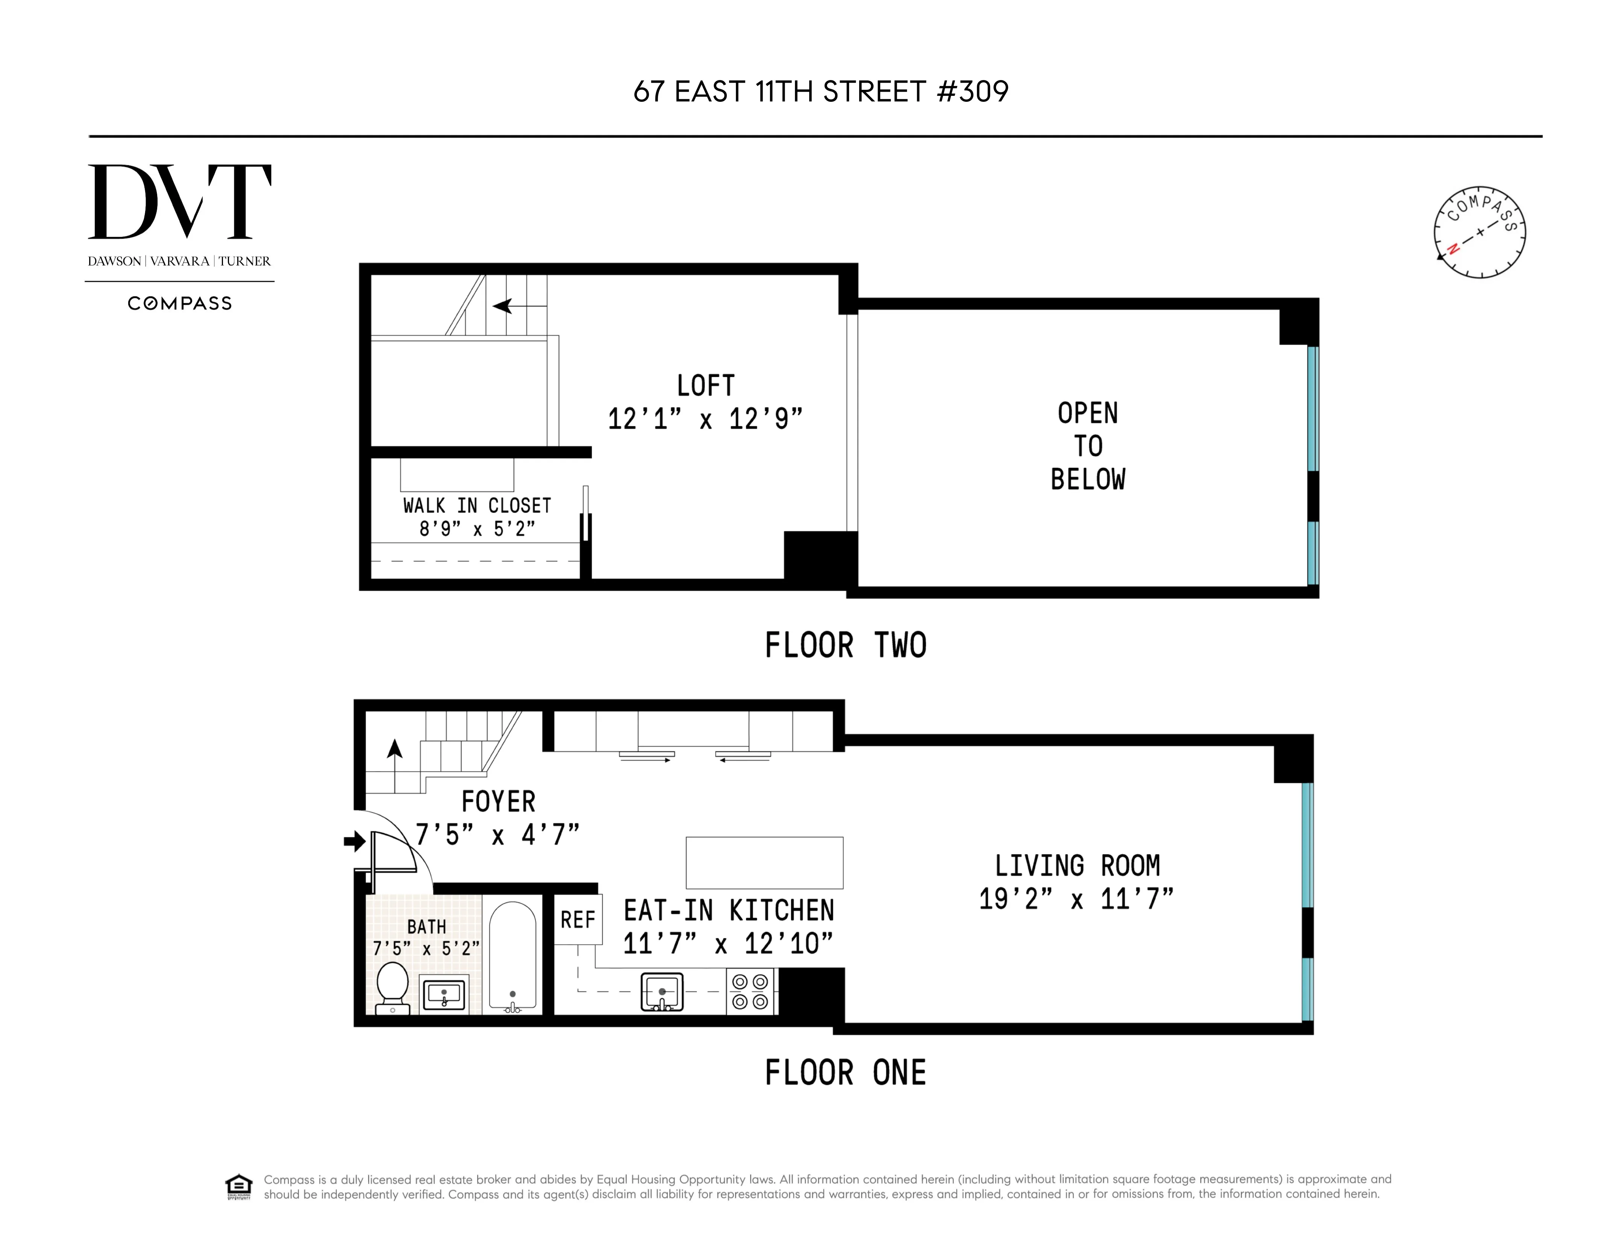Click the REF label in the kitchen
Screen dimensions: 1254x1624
[578, 920]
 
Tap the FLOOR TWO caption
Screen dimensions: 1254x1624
[845, 645]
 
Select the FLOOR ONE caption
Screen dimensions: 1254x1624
[845, 1072]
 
